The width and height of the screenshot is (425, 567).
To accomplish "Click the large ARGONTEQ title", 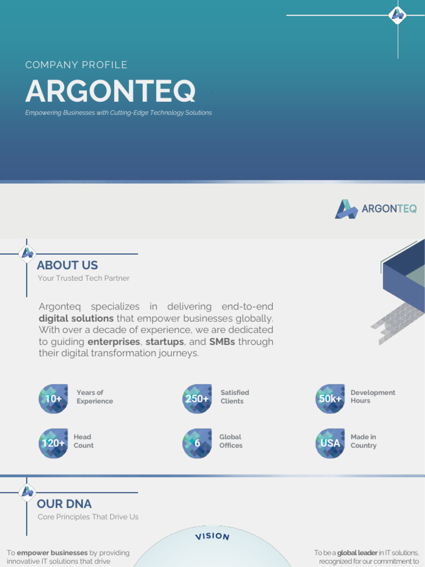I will [110, 91].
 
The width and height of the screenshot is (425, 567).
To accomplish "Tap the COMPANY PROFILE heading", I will [76, 65].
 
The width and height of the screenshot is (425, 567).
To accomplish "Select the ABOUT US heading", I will [67, 265].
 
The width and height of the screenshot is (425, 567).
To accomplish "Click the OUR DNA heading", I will [64, 504].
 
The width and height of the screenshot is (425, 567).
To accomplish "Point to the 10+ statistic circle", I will [53, 399].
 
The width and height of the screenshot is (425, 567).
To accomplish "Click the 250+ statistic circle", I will [197, 399].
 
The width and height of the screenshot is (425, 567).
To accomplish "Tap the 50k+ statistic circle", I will [330, 399].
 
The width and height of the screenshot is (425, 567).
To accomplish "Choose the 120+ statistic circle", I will [53, 443].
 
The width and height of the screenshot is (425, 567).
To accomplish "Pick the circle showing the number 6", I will [197, 443].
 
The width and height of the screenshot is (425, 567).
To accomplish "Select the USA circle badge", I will [330, 443].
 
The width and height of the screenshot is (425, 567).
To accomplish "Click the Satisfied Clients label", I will [235, 396].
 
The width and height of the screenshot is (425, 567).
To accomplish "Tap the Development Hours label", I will [372, 396].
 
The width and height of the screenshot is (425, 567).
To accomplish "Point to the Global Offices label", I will [231, 441].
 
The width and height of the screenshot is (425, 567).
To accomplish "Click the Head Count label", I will [84, 441].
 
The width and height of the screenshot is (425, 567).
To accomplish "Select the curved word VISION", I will [212, 536].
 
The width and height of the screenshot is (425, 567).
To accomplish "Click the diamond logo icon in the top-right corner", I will [397, 15].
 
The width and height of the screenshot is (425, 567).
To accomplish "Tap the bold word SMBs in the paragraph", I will [222, 342].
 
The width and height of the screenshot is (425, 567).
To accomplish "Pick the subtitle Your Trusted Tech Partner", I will [84, 278].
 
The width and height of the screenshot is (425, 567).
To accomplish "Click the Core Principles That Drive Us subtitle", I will [88, 517].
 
